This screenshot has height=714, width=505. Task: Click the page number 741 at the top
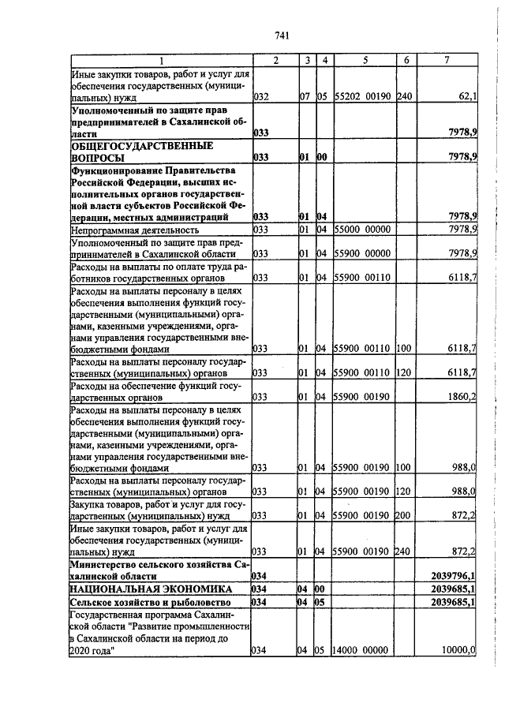(x=283, y=35)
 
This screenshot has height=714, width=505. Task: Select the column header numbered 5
(x=365, y=61)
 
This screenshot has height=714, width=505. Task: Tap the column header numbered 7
(x=447, y=61)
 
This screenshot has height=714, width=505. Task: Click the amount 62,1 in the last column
(x=466, y=98)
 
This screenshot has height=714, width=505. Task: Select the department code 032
(x=261, y=98)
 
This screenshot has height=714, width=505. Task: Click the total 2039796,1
(x=455, y=576)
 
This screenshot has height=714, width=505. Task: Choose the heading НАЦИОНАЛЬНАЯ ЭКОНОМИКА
(x=150, y=589)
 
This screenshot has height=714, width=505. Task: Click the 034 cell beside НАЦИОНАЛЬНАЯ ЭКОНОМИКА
(x=260, y=589)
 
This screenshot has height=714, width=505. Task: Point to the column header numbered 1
(x=160, y=61)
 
